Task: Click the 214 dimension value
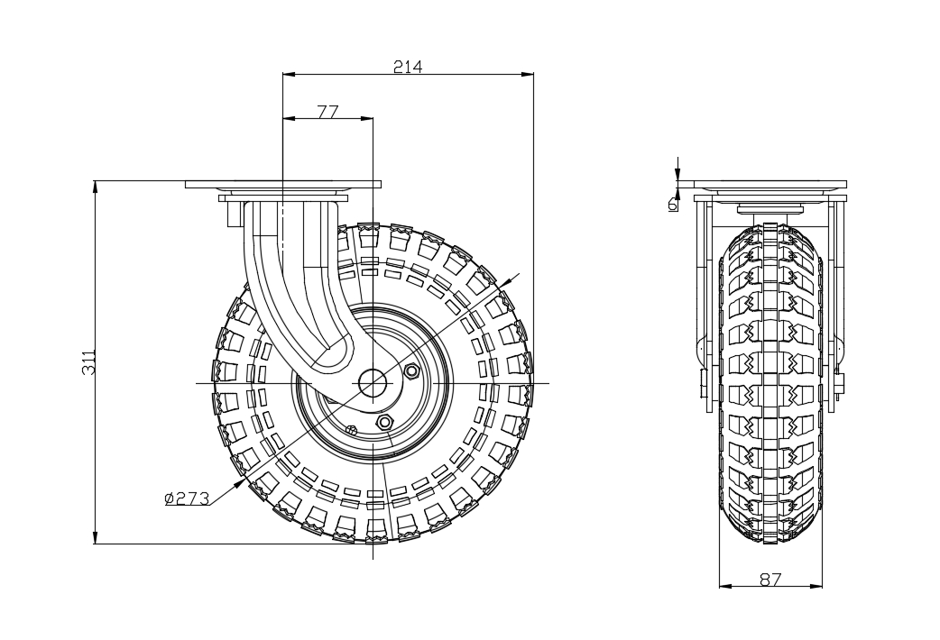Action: point(408,67)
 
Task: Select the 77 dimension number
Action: point(328,112)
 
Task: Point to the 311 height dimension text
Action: point(88,362)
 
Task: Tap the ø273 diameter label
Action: point(187,498)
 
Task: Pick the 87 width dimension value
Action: point(771,579)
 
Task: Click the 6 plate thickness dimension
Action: point(673,204)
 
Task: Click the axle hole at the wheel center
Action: point(373,382)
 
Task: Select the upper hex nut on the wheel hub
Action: point(412,371)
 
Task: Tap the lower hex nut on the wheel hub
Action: point(383,422)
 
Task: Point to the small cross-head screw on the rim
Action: point(353,429)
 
